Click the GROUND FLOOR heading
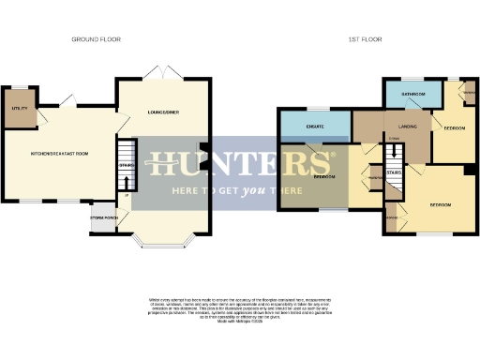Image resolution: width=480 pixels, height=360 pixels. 97,39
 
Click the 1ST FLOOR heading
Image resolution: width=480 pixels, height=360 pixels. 362,39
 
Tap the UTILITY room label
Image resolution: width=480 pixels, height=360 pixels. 19,110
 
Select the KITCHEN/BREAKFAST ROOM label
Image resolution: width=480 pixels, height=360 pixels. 60,153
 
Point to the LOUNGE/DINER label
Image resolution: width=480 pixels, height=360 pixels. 163,112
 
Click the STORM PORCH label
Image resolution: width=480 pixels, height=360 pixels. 104,221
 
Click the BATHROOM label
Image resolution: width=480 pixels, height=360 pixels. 413,95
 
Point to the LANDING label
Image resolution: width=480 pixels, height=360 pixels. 407,126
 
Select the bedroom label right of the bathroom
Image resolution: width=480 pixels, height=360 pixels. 456,127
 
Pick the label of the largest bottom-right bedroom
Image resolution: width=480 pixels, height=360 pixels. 441,204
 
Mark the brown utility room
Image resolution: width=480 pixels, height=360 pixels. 19,105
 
